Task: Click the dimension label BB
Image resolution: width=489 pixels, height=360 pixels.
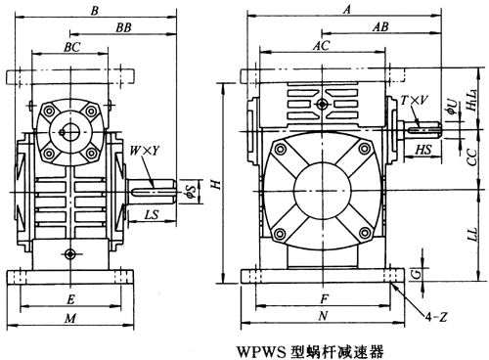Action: click(x=123, y=27)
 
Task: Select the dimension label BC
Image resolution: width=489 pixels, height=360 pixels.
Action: click(x=71, y=47)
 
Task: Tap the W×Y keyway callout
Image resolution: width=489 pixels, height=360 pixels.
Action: click(x=145, y=151)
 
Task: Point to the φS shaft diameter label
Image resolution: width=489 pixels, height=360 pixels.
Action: click(x=192, y=191)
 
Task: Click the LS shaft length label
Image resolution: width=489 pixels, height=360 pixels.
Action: click(x=152, y=214)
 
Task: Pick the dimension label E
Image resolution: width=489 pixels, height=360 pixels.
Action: click(x=70, y=299)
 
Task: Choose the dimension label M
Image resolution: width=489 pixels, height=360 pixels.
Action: click(x=70, y=318)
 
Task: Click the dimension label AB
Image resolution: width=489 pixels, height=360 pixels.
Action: click(x=380, y=26)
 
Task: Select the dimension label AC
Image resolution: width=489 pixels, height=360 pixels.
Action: click(x=322, y=46)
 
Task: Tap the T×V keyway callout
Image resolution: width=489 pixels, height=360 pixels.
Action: click(x=415, y=100)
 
